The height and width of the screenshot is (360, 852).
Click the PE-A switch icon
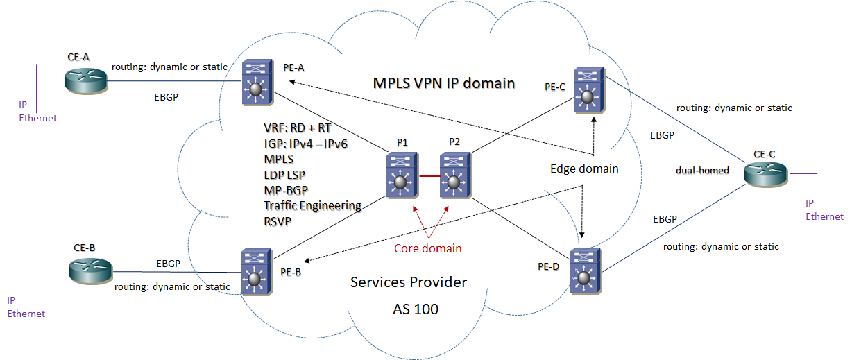coord(258,82)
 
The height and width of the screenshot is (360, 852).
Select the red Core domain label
coord(427,248)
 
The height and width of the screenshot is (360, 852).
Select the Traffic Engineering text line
coord(312,205)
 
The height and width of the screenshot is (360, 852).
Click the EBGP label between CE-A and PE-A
coord(166,98)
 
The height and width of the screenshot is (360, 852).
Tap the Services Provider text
coord(409,282)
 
